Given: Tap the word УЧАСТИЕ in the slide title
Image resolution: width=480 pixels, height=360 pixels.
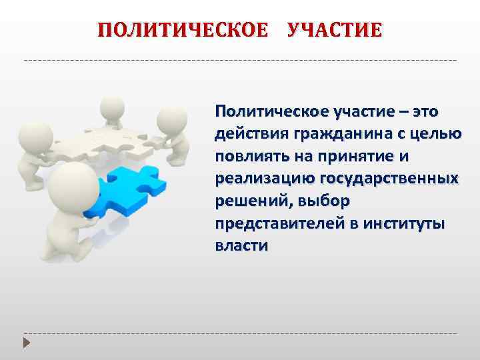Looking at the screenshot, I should pyautogui.click(x=335, y=31).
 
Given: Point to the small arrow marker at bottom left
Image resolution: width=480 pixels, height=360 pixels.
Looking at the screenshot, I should pyautogui.click(x=27, y=344).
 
